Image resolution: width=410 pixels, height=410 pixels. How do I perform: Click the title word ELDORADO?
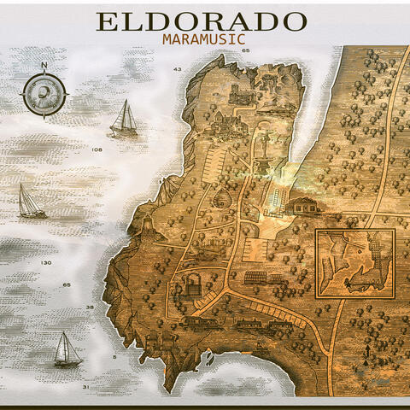[201, 21]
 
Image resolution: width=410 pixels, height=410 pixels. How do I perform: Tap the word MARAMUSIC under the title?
[203, 38]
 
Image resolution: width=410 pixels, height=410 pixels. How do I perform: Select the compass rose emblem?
[44, 93]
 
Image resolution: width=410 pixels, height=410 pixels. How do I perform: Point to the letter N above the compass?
[44, 66]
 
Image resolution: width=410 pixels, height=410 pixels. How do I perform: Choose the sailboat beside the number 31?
[67, 349]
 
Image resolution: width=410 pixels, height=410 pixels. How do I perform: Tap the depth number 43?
[178, 68]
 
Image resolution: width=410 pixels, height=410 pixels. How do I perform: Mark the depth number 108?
[97, 149]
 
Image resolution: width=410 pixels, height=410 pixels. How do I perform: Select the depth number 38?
[90, 307]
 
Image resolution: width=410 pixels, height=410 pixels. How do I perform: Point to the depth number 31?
[85, 387]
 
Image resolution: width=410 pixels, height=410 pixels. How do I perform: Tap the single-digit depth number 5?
[114, 356]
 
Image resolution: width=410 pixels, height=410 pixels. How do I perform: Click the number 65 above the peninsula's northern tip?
[245, 51]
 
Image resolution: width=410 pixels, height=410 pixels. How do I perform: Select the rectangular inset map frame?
[354, 263]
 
